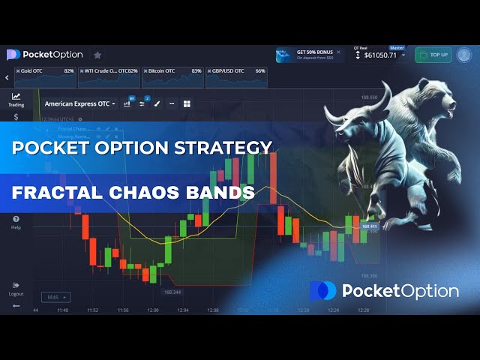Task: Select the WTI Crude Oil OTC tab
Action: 109,71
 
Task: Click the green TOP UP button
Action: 433,55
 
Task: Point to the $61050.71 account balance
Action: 380,55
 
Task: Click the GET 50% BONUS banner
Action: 307,55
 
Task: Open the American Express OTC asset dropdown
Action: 80,103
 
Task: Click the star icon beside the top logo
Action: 97,55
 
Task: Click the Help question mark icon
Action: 16,219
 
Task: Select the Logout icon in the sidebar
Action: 16,285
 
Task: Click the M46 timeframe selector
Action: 56,297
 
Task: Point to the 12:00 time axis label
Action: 153,310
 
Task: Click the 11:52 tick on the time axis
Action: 92,310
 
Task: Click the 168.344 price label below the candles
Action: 172,292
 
